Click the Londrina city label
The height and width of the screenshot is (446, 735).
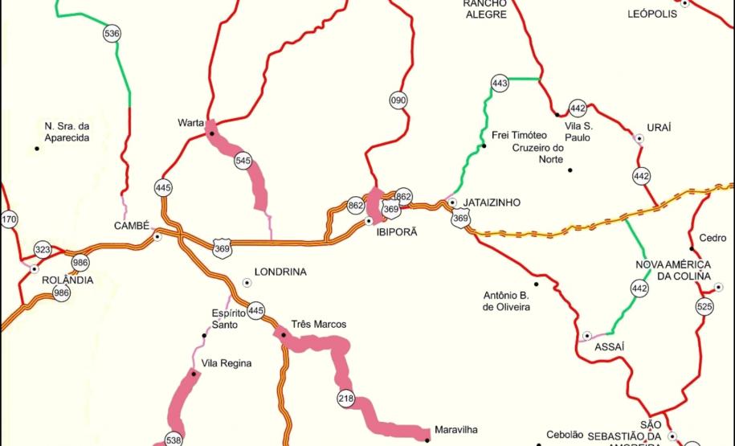pos(280,272)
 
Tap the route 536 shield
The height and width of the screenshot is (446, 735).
pos(112,33)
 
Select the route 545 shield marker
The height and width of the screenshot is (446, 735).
pos(243,161)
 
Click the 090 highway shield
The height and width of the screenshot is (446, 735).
pos(398,100)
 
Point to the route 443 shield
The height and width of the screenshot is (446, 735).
pos(500,83)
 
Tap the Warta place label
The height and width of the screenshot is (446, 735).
pos(190,123)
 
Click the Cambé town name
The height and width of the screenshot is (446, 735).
pos(133,226)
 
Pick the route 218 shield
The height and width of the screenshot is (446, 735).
pos(346,399)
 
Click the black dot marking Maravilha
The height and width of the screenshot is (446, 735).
pos(427,439)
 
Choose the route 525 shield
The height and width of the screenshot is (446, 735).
pos(704,306)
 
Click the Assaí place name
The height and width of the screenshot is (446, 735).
pos(609,346)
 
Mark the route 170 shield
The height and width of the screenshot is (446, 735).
pos(9,219)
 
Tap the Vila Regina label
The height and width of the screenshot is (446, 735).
pos(227,363)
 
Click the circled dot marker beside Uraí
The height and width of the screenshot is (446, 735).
pos(639,138)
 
